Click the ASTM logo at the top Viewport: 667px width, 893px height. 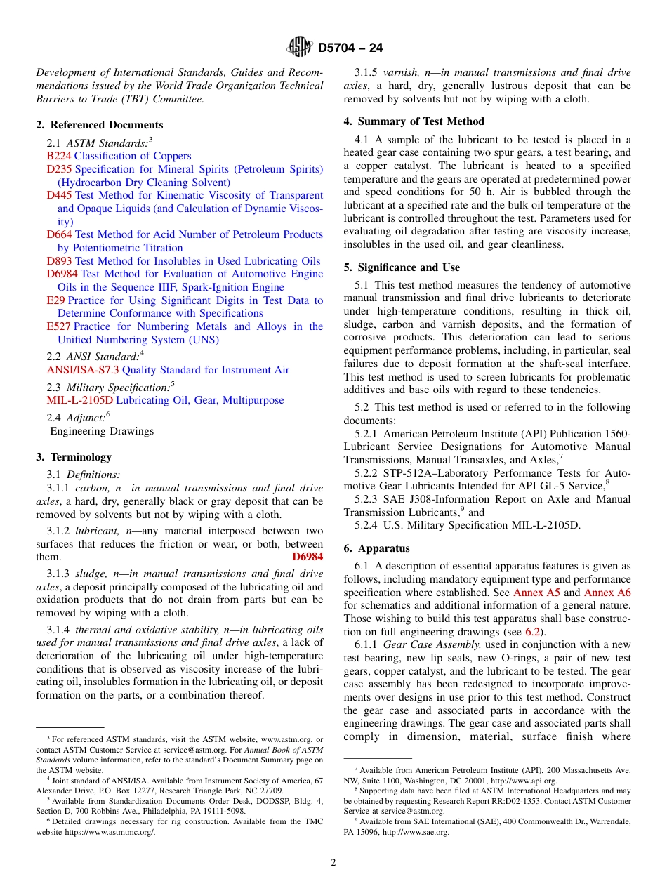tap(299, 48)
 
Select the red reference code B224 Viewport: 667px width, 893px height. tap(59, 156)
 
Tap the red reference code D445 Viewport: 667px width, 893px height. tap(59, 195)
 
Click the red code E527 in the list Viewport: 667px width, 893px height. tap(58, 326)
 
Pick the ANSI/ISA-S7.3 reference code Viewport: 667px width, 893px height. tap(83, 370)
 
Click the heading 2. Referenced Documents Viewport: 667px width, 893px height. tap(99, 125)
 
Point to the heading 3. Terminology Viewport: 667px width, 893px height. tap(74, 457)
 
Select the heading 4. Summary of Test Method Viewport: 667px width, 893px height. tap(414, 121)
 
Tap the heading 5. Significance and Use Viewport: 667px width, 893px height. tap(402, 267)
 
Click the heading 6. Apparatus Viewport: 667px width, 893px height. tap(376, 548)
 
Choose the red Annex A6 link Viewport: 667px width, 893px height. tap(607, 593)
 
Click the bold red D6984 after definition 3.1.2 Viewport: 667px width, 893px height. tap(308, 557)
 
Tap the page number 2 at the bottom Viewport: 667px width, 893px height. tap(333, 863)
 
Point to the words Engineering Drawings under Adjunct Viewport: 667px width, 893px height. tap(102, 431)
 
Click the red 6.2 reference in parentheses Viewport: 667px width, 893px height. tap(533, 632)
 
